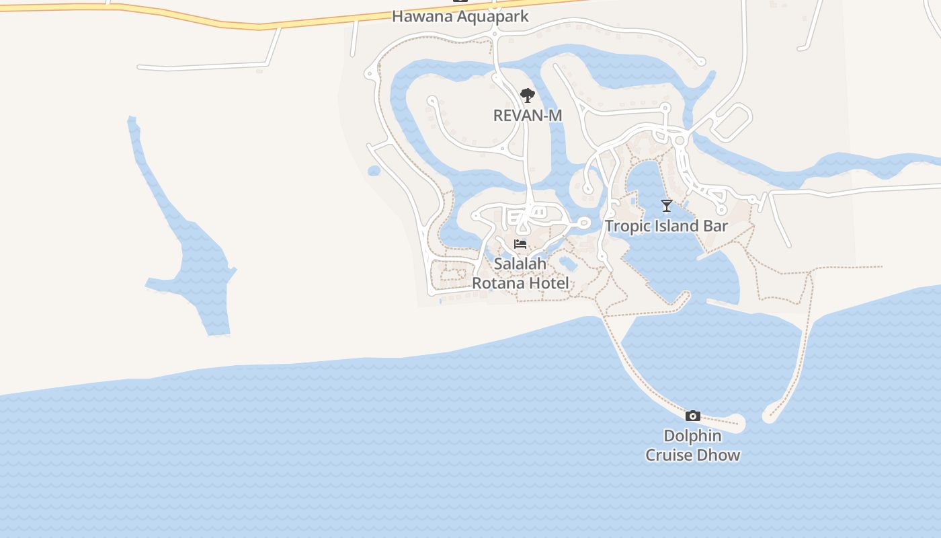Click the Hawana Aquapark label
click(460, 16)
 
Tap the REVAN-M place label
click(528, 116)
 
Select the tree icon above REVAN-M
click(528, 95)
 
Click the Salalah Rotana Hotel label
click(520, 273)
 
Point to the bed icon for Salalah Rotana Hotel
click(520, 243)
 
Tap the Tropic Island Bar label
click(666, 226)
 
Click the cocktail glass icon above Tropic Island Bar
click(666, 206)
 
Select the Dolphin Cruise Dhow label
click(693, 445)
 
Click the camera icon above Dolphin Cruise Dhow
click(693, 416)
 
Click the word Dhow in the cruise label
click(719, 455)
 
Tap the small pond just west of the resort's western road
click(374, 171)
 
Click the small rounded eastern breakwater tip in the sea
click(770, 416)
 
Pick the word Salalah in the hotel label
click(520, 264)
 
